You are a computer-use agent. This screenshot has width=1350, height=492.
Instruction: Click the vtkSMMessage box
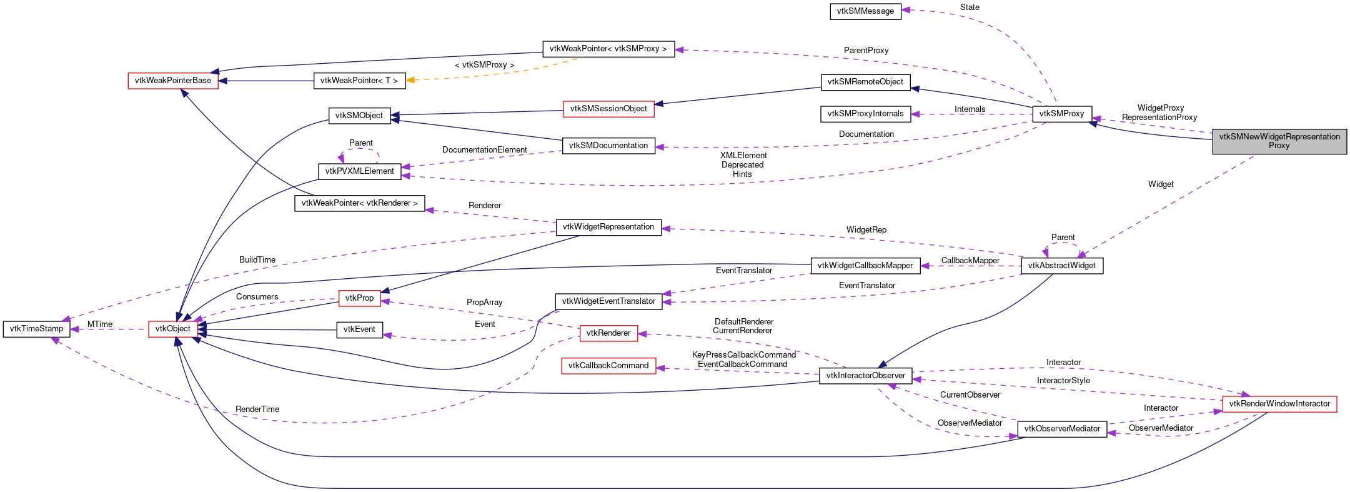click(865, 11)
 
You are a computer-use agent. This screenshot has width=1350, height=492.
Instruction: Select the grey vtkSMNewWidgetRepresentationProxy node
click(1279, 141)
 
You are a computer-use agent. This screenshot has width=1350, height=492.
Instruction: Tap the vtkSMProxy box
click(1061, 114)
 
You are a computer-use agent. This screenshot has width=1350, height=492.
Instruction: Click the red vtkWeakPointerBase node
click(173, 81)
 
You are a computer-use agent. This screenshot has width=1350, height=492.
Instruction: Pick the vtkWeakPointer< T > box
click(359, 81)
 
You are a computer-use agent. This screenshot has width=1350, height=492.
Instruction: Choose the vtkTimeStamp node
click(36, 329)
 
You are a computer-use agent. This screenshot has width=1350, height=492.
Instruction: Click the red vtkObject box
click(173, 329)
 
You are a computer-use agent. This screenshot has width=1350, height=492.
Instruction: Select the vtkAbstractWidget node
click(1061, 266)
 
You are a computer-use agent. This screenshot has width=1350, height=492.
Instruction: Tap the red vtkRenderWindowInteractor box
click(1279, 404)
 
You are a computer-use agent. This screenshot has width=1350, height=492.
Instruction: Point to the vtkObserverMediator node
click(1062, 429)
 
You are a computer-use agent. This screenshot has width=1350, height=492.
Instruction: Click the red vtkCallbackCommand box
click(608, 366)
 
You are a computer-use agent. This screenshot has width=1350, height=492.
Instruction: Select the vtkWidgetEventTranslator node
click(608, 301)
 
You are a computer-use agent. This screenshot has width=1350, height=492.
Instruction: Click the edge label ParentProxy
click(866, 51)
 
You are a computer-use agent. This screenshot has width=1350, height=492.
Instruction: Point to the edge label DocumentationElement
click(484, 150)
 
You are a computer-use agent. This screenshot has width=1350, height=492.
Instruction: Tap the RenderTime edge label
click(257, 409)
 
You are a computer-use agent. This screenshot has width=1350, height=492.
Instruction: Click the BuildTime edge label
click(257, 260)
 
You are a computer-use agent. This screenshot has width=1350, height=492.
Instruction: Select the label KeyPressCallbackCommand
click(743, 355)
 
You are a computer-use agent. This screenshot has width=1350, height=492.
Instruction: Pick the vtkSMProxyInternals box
click(865, 114)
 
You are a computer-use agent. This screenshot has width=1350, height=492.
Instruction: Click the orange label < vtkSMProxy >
click(484, 65)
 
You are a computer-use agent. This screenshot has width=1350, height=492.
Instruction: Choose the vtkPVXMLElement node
click(359, 171)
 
